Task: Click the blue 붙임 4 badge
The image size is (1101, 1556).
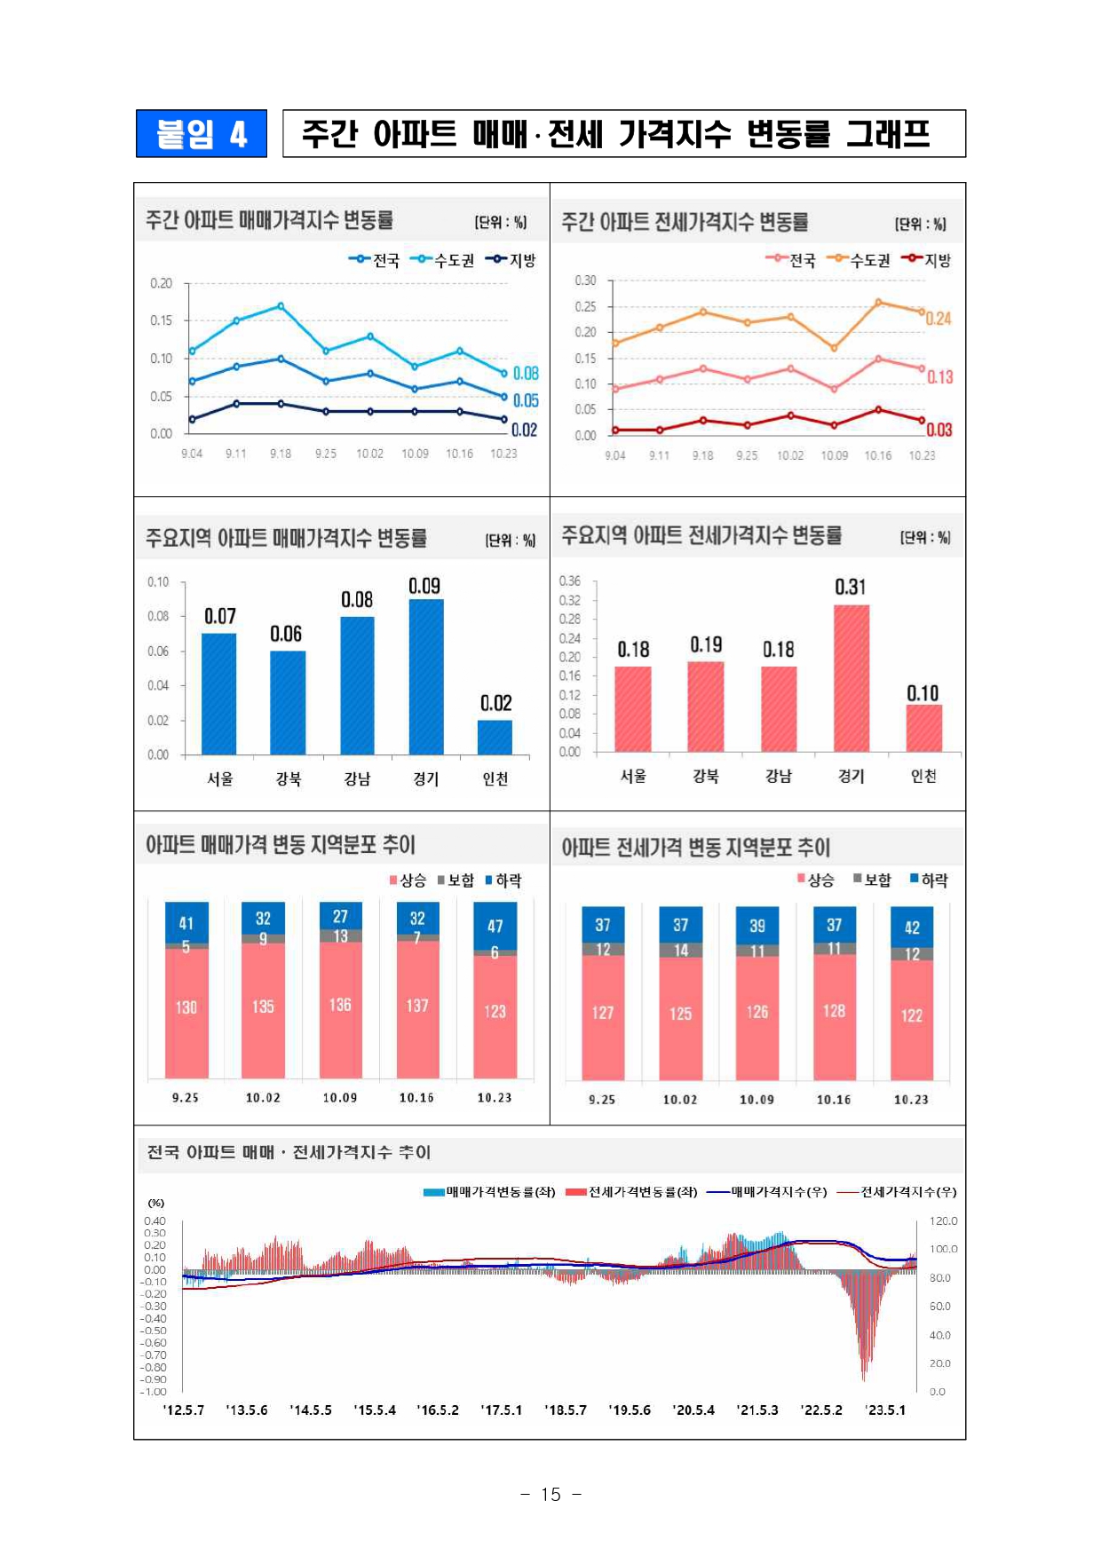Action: pos(202,134)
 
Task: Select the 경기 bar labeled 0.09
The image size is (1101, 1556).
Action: pos(426,676)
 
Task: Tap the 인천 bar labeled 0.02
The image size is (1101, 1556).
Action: pos(495,737)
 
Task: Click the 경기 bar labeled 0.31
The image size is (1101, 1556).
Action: pos(851,678)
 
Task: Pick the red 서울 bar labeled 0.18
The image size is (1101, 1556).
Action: pos(633,708)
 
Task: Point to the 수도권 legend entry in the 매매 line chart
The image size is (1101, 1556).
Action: pos(446,260)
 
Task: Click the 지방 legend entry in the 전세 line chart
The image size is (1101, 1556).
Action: pos(928,260)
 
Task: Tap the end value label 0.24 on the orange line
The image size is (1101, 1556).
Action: pos(939,319)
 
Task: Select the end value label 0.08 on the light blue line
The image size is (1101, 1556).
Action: pos(526,374)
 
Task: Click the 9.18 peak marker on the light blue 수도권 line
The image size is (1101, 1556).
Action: pos(281,306)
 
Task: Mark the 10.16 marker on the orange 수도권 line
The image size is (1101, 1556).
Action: pos(878,303)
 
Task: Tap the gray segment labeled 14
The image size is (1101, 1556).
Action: pos(680,951)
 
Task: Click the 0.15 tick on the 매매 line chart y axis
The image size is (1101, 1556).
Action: pos(161,320)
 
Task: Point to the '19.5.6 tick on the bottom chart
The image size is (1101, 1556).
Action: pos(630,1410)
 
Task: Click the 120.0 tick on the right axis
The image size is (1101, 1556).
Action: pos(943,1221)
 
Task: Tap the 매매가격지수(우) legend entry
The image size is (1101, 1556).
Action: pos(768,1192)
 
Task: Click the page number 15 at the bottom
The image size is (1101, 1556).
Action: pos(550,1495)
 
